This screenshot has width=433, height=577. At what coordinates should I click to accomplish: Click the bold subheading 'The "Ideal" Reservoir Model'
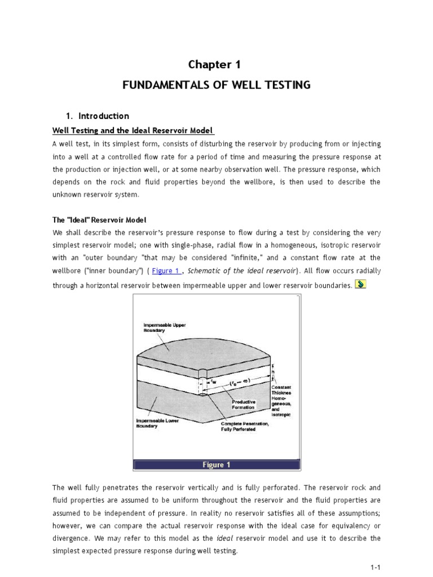click(x=99, y=219)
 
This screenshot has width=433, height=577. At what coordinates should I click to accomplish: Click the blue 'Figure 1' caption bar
click(x=216, y=465)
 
